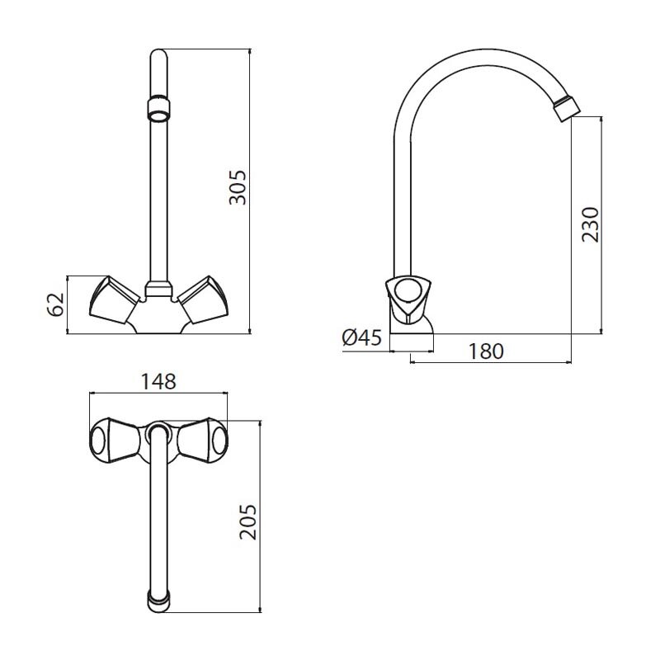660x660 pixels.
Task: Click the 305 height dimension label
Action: pyautogui.click(x=238, y=187)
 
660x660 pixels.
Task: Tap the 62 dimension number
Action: pyautogui.click(x=55, y=304)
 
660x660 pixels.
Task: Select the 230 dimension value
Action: pyautogui.click(x=590, y=224)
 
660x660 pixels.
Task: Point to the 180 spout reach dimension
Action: pyautogui.click(x=486, y=351)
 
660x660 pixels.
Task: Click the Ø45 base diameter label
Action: pyautogui.click(x=362, y=337)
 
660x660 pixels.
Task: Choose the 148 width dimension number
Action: pyautogui.click(x=158, y=381)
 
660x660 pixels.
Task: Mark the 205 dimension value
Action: pyautogui.click(x=248, y=522)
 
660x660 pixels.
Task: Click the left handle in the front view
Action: pyautogui.click(x=115, y=300)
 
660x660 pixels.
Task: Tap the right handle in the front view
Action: pyautogui.click(x=203, y=300)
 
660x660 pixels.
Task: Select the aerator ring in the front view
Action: pyautogui.click(x=158, y=109)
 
